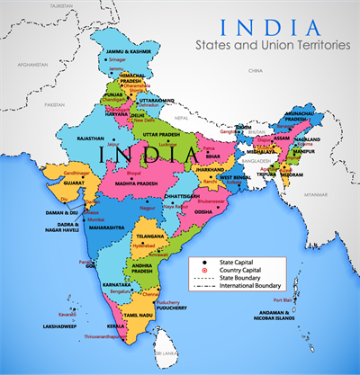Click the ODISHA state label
point(203,212)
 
